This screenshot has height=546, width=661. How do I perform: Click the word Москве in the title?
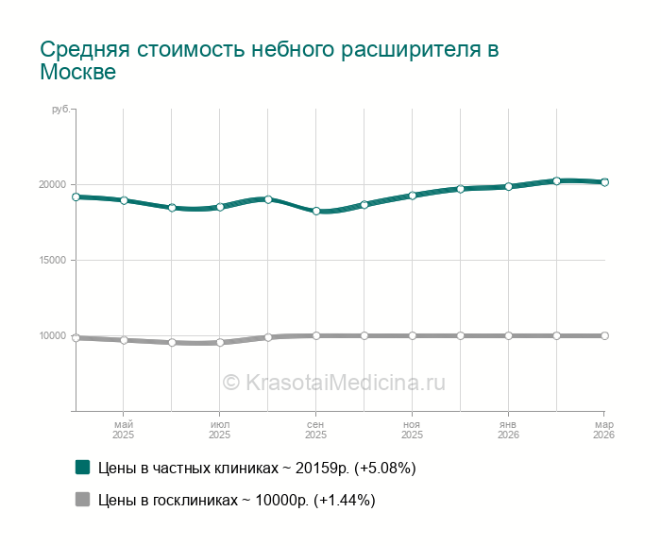point(78,73)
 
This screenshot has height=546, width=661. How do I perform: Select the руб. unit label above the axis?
point(61,111)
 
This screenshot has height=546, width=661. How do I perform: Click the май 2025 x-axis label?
point(124,430)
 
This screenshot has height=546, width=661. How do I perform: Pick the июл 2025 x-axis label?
point(220,430)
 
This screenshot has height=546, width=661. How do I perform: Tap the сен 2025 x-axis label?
point(316,430)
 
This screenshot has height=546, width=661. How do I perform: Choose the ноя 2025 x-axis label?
point(413,430)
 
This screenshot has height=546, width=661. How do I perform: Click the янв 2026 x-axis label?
point(508,430)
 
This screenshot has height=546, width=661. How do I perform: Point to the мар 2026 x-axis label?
point(603,430)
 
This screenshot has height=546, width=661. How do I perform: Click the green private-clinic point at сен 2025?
point(316,212)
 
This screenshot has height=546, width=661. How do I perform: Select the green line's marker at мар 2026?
point(604,182)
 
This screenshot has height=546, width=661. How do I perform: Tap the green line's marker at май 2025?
point(124,200)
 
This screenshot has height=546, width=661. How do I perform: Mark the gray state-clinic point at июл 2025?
point(220,342)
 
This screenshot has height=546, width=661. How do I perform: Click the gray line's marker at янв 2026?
point(509,335)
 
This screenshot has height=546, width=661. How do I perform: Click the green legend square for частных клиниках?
point(83,468)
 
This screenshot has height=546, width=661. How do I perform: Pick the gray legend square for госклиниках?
point(83,500)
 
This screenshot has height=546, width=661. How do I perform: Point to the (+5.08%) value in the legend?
point(384,468)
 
